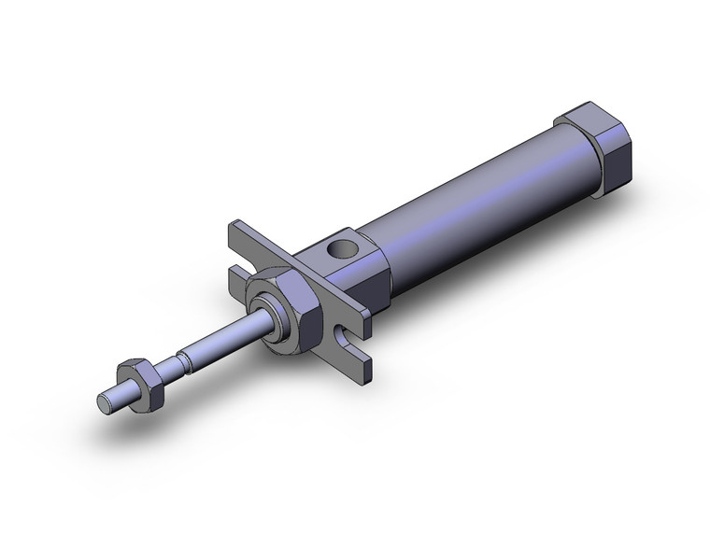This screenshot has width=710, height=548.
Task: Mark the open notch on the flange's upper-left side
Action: [x=240, y=260]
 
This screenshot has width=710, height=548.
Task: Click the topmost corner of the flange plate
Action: [x=232, y=225]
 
